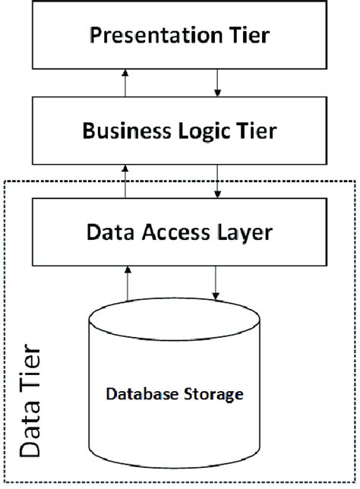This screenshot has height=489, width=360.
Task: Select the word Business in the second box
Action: tap(117, 131)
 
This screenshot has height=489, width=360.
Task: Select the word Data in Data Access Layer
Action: tap(113, 230)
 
